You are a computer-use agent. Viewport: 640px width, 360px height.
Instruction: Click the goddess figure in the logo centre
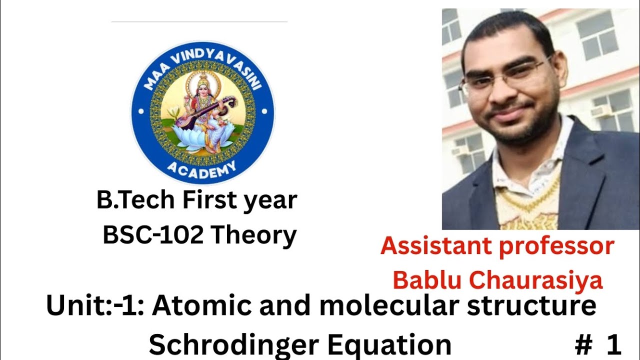click(x=205, y=112)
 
